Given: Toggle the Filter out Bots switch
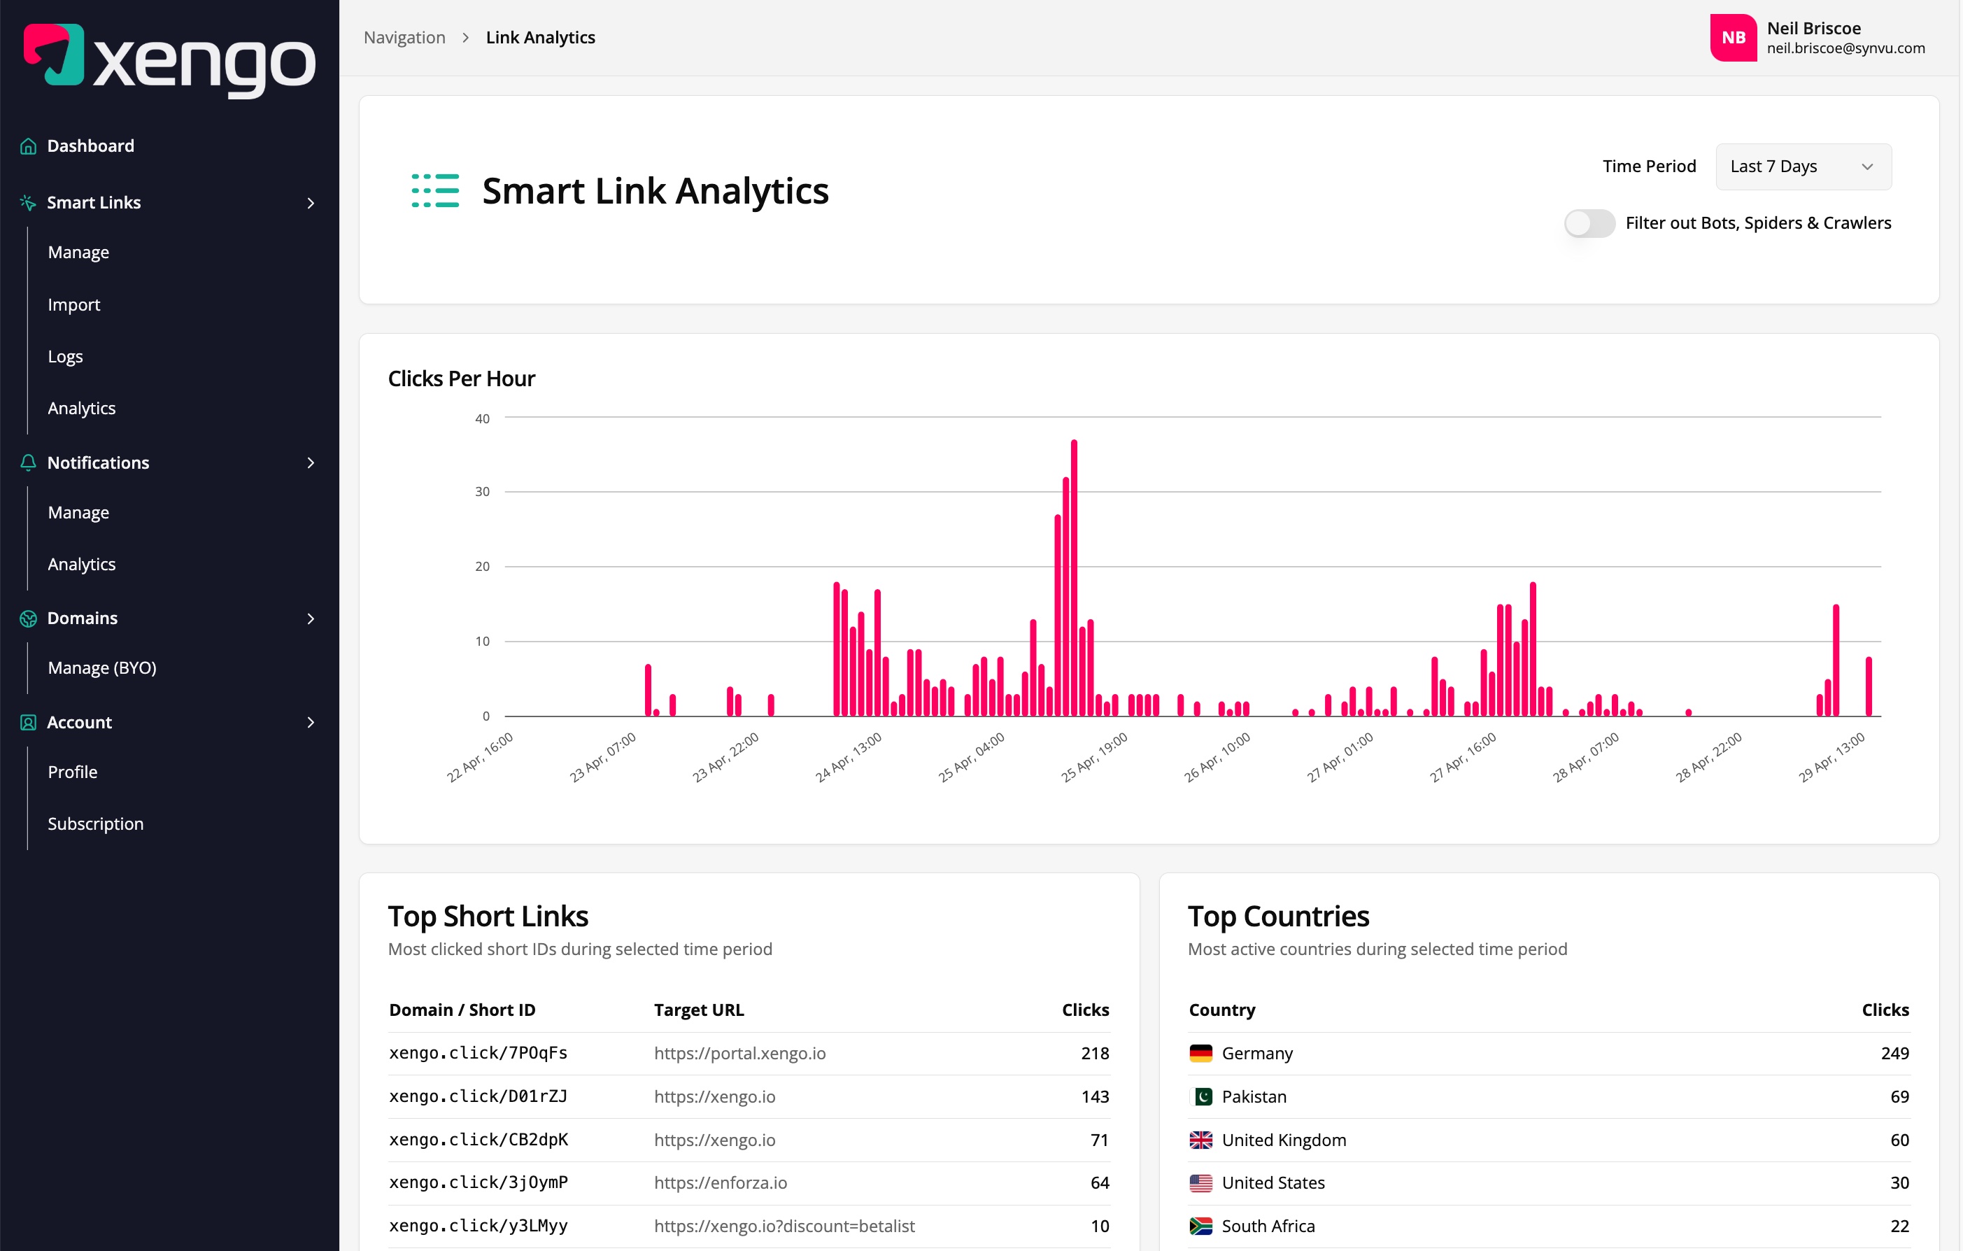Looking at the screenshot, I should (x=1589, y=222).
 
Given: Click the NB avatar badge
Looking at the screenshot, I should (x=1732, y=38).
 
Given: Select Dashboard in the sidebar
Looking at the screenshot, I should (x=90, y=146).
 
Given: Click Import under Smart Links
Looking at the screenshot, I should (x=74, y=304).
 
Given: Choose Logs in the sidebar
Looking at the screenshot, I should (x=65, y=356).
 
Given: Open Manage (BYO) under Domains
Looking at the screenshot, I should (x=102, y=668).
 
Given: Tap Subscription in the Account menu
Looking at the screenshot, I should (x=95, y=824).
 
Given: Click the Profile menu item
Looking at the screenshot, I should (x=73, y=772).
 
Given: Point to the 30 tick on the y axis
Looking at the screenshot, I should (x=483, y=492).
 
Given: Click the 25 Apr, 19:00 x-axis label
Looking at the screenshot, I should (x=1094, y=757).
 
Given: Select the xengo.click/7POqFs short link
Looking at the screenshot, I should (x=478, y=1053).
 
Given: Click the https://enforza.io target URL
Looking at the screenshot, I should (x=720, y=1182).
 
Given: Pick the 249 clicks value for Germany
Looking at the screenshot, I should (x=1894, y=1053).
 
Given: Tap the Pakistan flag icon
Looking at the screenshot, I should (x=1200, y=1097).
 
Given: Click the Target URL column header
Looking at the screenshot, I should (x=699, y=1010).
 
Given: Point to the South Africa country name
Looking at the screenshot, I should (x=1268, y=1226).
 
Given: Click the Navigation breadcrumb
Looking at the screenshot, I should (x=404, y=38).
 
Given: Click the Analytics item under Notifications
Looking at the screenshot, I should (x=82, y=565).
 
